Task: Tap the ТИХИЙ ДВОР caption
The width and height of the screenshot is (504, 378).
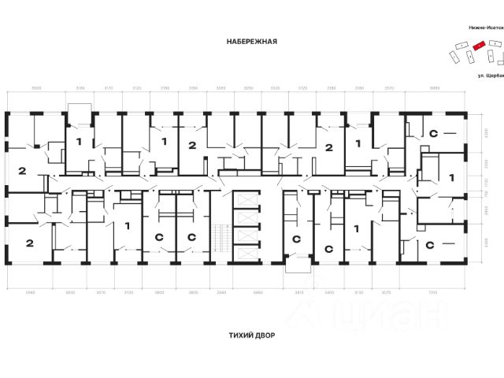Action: click(x=251, y=334)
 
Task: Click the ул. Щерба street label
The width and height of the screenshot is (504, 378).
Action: click(x=490, y=76)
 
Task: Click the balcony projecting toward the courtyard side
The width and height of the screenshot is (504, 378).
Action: click(x=297, y=265)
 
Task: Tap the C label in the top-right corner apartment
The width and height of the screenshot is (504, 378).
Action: click(x=432, y=134)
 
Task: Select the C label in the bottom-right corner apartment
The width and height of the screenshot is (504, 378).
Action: click(x=431, y=245)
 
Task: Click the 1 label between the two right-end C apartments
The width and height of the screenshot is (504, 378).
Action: click(x=451, y=178)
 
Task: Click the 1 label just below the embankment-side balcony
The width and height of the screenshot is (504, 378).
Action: click(x=78, y=142)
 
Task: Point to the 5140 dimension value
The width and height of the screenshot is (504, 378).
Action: click(x=29, y=291)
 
